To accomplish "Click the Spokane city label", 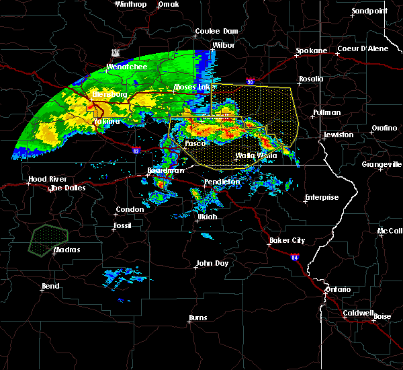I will (312, 50).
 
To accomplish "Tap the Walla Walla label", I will (256, 155).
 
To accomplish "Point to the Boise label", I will (382, 316).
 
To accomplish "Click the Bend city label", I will (50, 287).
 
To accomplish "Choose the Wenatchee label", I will (126, 67).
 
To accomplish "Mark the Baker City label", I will (287, 240).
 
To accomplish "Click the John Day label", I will (212, 263).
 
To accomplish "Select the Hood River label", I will (42, 180).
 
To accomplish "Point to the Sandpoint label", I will (369, 11).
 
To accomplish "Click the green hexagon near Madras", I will (48, 239).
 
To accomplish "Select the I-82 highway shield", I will (136, 152).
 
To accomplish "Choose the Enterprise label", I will (321, 198).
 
